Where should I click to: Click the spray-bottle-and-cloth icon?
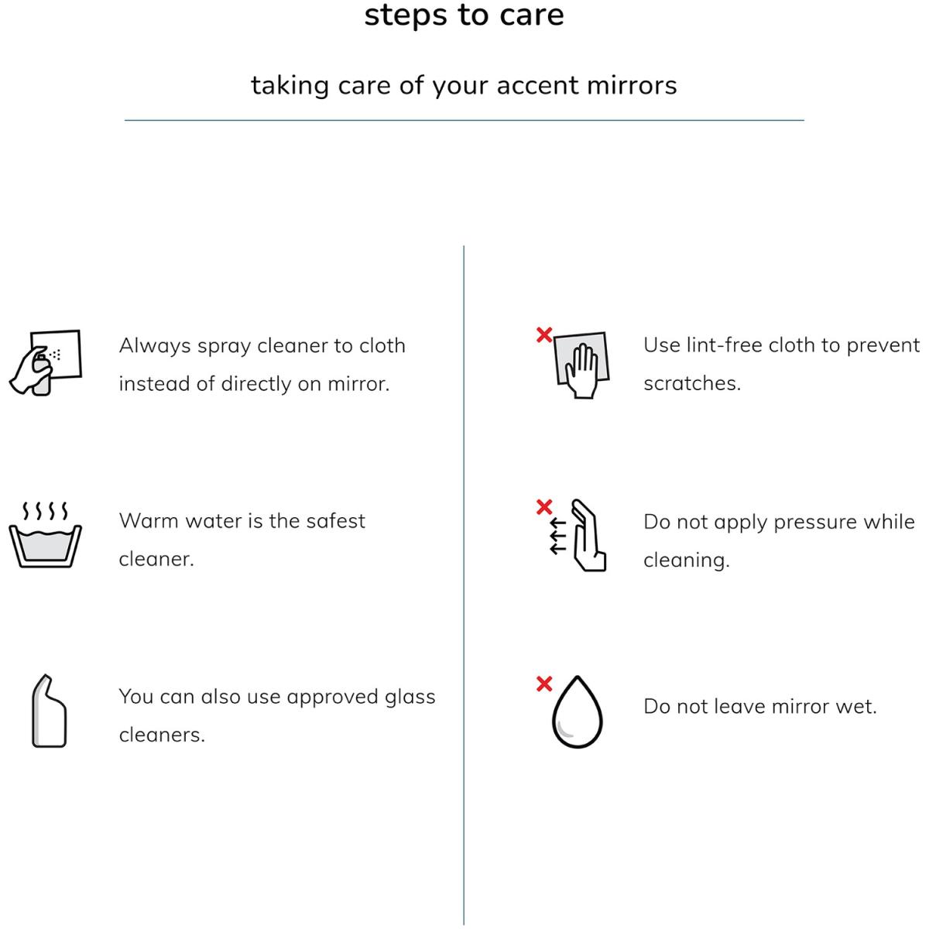46,362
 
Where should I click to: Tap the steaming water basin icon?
46,534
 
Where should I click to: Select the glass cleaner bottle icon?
49,711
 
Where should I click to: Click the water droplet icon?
577,711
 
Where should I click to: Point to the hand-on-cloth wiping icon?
581,365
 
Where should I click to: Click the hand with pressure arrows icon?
578,535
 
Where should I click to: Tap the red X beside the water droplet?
544,684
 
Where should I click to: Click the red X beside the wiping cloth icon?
544,334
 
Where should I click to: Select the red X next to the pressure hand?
544,506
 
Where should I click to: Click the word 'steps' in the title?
406,16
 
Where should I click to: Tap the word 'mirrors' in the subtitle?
632,85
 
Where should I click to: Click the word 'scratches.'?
692,384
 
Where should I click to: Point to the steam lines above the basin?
46,511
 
